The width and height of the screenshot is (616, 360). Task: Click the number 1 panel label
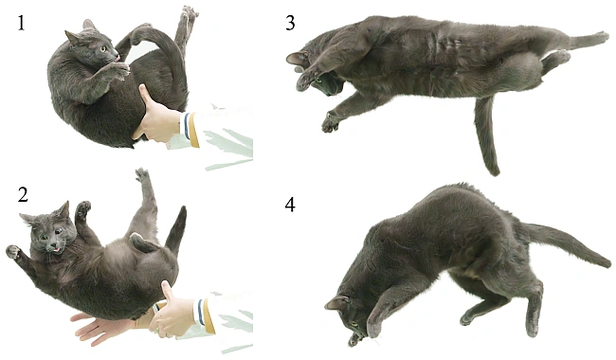pyautogui.click(x=21, y=23)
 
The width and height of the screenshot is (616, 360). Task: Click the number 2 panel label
pyautogui.click(x=23, y=195)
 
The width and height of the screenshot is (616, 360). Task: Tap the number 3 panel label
pyautogui.click(x=290, y=23)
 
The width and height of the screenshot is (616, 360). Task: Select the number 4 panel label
pyautogui.click(x=290, y=205)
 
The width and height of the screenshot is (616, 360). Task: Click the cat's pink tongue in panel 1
pyautogui.click(x=118, y=59)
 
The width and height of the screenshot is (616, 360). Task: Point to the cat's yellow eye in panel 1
pyautogui.click(x=103, y=48)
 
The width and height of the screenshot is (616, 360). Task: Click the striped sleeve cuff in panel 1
pyautogui.click(x=190, y=127)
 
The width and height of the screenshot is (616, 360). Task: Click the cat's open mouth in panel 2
pyautogui.click(x=57, y=248)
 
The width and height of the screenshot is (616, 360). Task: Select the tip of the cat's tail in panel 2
pyautogui.click(x=183, y=207)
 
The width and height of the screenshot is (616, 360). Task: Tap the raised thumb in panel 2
pyautogui.click(x=168, y=290)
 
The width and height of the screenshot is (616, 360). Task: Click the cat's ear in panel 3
pyautogui.click(x=297, y=58)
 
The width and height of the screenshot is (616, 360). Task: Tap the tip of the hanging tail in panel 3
pyautogui.click(x=494, y=171)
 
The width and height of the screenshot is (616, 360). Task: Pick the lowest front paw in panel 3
pyautogui.click(x=330, y=123)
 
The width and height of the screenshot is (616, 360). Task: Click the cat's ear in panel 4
pyautogui.click(x=336, y=302)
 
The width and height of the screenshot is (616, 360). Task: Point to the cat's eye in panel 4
pyautogui.click(x=354, y=324)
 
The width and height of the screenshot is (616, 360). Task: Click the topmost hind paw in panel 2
pyautogui.click(x=142, y=173)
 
